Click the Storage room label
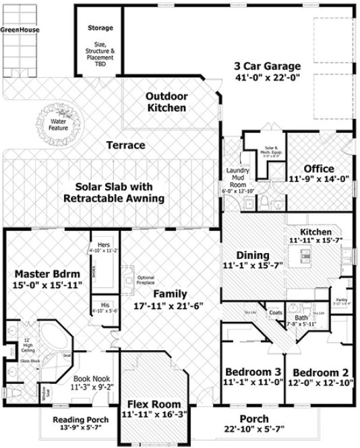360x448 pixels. pos(100,28)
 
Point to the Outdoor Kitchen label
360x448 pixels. pos(167,103)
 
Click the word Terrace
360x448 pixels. pos(126,145)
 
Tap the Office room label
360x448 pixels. pos(320,168)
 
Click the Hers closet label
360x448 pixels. pos(103,244)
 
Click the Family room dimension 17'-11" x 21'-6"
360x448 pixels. pos(168,305)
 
